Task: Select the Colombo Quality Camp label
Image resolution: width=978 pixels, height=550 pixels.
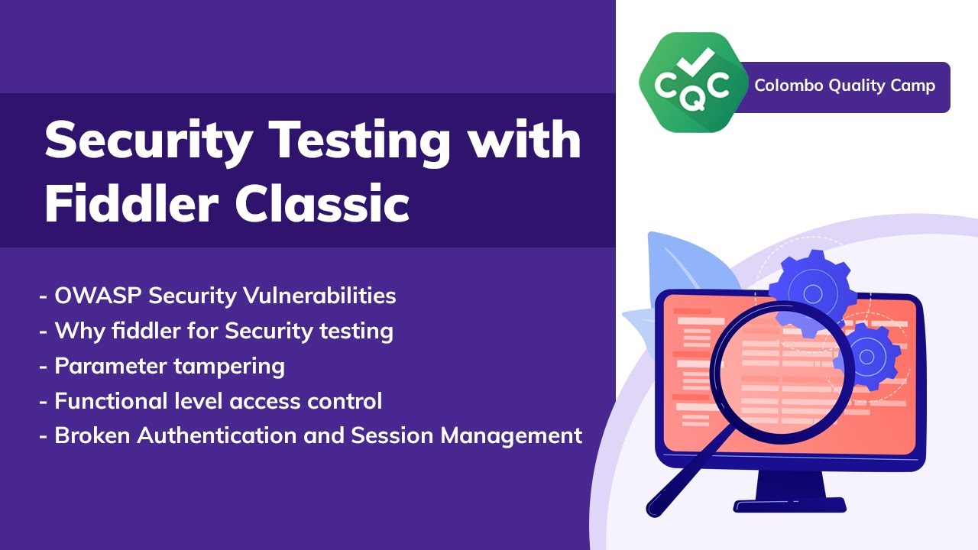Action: (x=844, y=86)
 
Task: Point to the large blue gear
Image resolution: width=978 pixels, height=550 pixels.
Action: (x=811, y=293)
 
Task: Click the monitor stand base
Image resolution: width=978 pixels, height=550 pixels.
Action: (x=789, y=505)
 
